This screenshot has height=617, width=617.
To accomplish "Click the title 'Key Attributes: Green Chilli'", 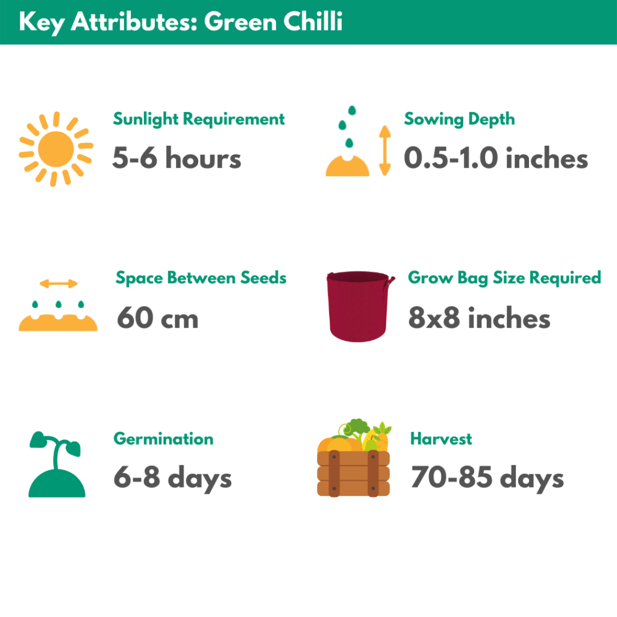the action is (x=181, y=22).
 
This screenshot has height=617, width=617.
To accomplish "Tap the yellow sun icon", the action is (x=56, y=149).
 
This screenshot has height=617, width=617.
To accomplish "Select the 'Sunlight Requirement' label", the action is (x=199, y=119).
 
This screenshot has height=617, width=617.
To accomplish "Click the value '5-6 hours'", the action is (x=177, y=158).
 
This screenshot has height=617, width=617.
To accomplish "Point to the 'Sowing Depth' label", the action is (x=460, y=119).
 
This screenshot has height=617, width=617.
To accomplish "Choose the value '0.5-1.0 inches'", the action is (x=496, y=158).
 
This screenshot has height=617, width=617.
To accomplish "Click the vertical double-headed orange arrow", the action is (x=385, y=150).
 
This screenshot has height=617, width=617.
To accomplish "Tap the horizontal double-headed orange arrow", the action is (x=58, y=283).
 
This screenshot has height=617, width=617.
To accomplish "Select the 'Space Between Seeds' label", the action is (x=201, y=278).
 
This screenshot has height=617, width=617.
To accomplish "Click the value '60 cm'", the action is (x=158, y=318).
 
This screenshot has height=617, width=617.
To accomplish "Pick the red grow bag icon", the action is (x=359, y=306).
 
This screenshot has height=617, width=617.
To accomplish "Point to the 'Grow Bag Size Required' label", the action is (x=504, y=278).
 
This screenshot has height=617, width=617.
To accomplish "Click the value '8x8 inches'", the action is (x=479, y=318).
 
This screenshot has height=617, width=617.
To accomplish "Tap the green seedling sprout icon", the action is (x=56, y=465).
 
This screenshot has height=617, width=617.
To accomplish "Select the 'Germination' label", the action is (x=164, y=439).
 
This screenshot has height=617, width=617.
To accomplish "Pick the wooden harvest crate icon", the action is (x=353, y=458).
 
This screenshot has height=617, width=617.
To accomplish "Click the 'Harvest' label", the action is (x=441, y=439).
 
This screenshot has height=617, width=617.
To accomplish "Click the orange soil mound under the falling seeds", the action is (x=348, y=166).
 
